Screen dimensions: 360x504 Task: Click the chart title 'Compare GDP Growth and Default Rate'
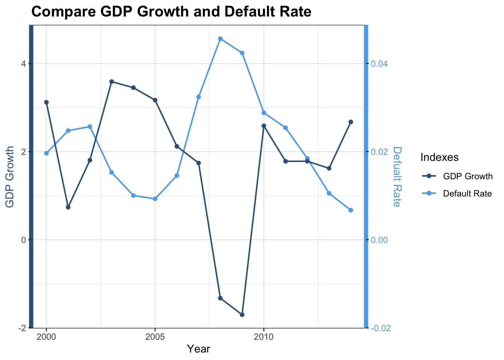(171, 12)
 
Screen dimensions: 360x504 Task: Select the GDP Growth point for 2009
(242, 315)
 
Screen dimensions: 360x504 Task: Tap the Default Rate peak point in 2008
(220, 39)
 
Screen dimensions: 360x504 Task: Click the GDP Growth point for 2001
(68, 207)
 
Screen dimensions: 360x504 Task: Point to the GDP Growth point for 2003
(112, 81)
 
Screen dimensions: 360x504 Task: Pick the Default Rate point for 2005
(155, 199)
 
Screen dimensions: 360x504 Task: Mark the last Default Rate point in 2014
(351, 210)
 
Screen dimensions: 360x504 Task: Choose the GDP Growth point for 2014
(351, 122)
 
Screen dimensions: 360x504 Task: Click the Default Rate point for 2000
(46, 153)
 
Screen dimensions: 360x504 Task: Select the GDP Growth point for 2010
(264, 126)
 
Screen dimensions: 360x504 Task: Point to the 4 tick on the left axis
(23, 64)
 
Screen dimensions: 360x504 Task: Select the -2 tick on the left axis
(22, 328)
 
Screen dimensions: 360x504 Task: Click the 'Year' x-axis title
(198, 349)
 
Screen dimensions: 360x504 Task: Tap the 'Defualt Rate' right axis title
(397, 177)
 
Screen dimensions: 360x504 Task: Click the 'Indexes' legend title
(439, 157)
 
